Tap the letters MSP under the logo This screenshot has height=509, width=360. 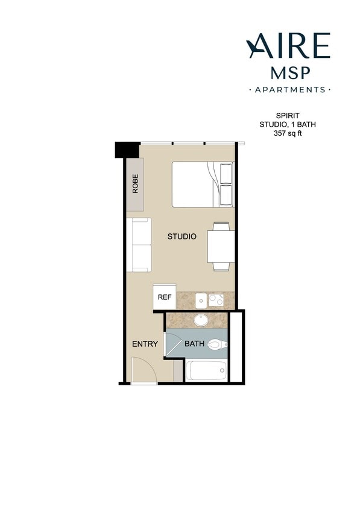coord(290,73)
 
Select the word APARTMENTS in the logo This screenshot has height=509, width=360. coord(289,90)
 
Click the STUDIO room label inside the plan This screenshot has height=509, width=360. coord(182,236)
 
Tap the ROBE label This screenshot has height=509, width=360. coord(135,183)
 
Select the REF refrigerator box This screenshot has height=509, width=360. coord(164,297)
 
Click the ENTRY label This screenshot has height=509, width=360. coord(145,344)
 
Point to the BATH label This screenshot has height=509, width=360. coord(194,344)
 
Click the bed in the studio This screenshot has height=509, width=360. coord(202,184)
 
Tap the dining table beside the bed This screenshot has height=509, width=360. coord(221,246)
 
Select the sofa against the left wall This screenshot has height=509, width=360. coord(139,245)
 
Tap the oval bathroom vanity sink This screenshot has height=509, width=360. coord(201,319)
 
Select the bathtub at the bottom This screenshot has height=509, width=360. coord(206,370)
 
